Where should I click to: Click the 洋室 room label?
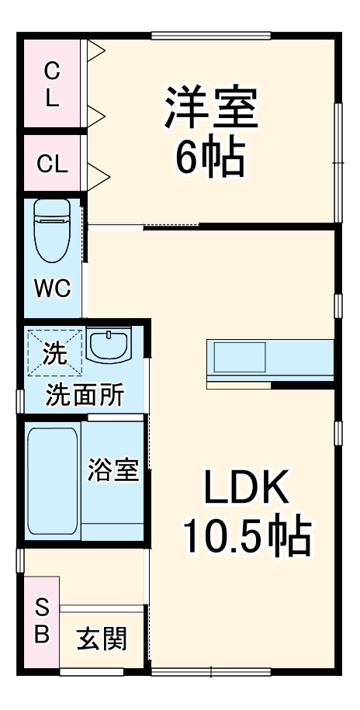click(x=210, y=108)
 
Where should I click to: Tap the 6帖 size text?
click(x=209, y=158)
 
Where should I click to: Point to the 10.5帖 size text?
click(x=247, y=536)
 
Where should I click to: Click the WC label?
click(x=53, y=289)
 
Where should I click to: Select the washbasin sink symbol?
click(x=109, y=346)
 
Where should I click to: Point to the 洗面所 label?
click(x=84, y=396)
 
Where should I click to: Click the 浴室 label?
click(x=113, y=470)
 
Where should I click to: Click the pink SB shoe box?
click(x=42, y=622)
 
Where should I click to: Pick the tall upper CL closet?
click(x=51, y=84)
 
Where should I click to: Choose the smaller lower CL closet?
click(x=51, y=164)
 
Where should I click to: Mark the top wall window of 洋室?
click(x=211, y=36)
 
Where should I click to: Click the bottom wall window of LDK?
click(x=211, y=670)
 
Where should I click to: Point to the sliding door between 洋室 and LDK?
click(x=116, y=227)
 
